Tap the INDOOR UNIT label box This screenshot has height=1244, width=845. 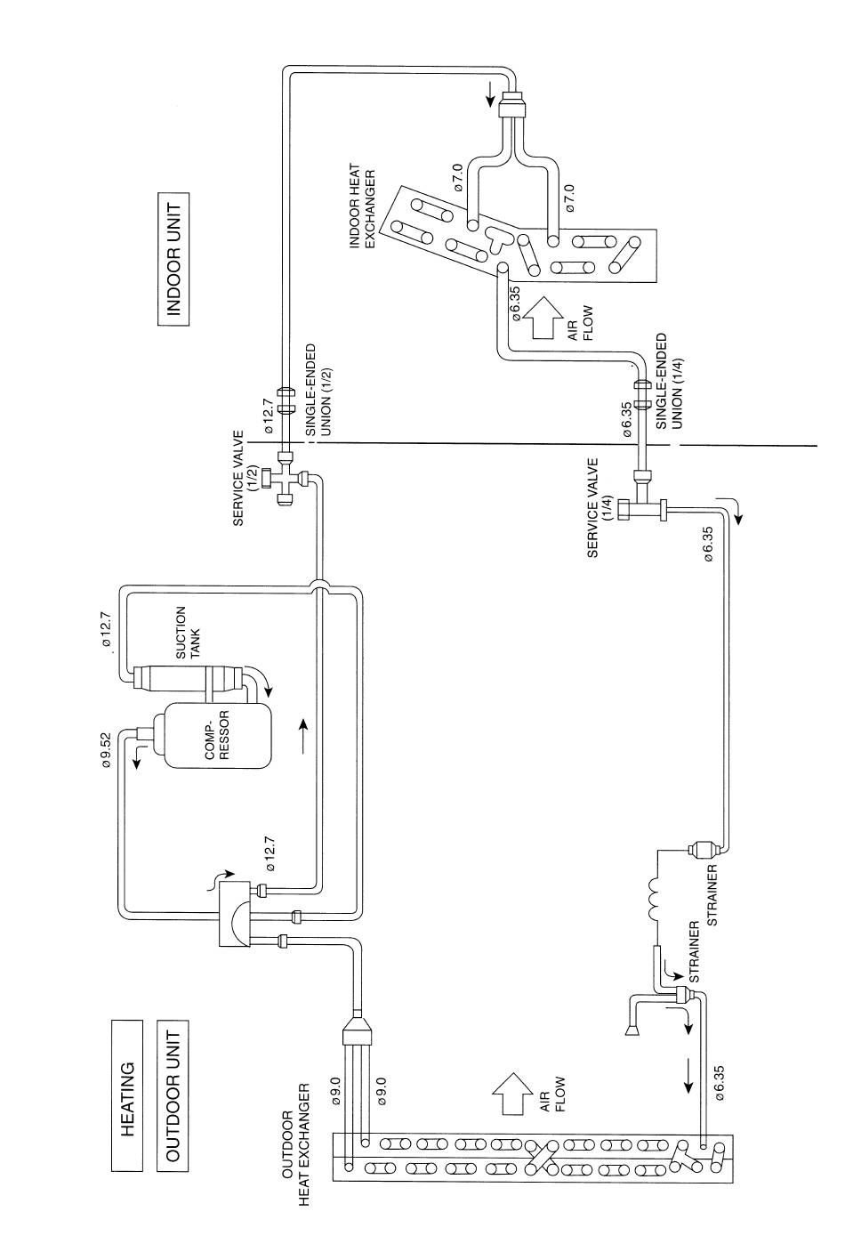[173, 259]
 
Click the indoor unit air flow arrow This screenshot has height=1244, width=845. [541, 318]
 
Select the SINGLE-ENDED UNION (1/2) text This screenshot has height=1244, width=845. [318, 389]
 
